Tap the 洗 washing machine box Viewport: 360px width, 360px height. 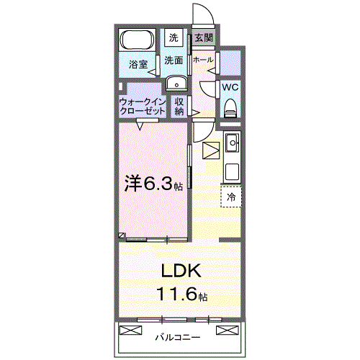point(174,37)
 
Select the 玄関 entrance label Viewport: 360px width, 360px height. point(202,37)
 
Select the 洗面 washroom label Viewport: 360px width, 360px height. point(174,60)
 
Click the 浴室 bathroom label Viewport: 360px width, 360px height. point(138,65)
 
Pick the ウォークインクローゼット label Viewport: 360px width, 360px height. point(143,107)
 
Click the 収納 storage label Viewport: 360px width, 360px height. point(179,107)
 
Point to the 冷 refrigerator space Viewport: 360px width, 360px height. point(232,196)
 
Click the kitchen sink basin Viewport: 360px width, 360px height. point(232,145)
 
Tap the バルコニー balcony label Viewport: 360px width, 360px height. point(177,336)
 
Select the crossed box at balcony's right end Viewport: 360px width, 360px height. point(226,331)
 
